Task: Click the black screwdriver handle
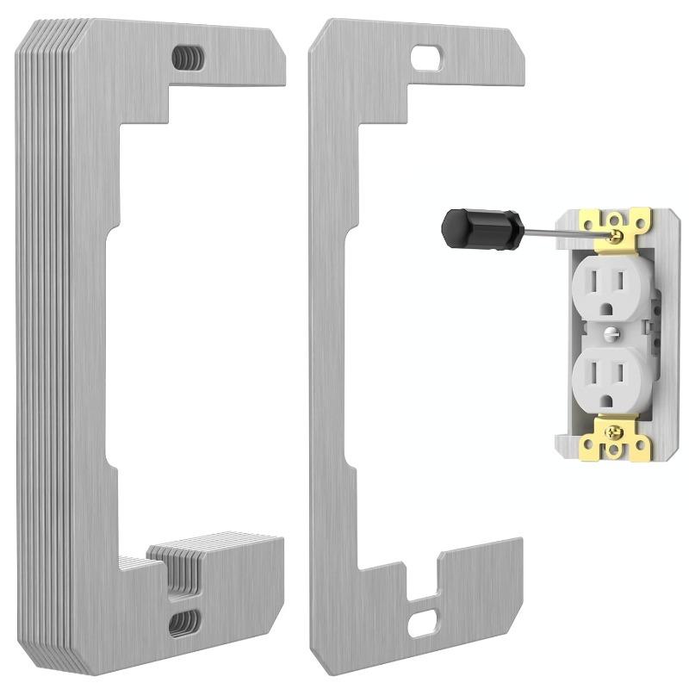tap(470, 227)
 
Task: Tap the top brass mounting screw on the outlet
tap(615, 234)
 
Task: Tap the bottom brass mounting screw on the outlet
tap(615, 428)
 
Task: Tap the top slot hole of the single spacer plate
tap(426, 58)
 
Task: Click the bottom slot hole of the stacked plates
tap(183, 622)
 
